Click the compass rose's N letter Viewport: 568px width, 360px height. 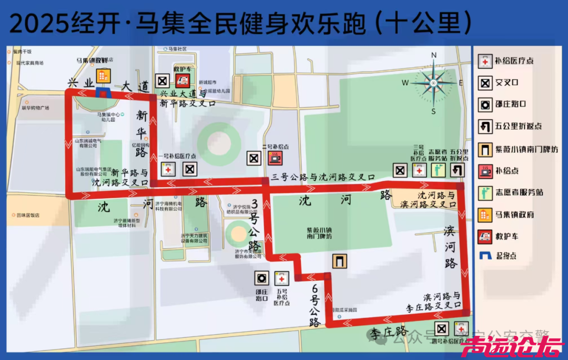pos(434,56)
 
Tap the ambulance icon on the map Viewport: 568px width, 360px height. pos(182,81)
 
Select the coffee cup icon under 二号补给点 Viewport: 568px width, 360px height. pos(274,158)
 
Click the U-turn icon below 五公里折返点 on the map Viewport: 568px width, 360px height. pos(458,170)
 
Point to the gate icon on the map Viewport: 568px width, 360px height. pos(339,261)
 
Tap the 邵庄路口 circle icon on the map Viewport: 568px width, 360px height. pos(261,278)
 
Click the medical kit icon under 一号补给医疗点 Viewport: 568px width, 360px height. pos(168,170)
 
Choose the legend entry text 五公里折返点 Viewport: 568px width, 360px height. pos(518,126)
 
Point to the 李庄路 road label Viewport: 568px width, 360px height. pos(388,332)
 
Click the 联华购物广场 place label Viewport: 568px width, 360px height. pos(35,108)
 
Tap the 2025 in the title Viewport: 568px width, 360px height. pos(39,24)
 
